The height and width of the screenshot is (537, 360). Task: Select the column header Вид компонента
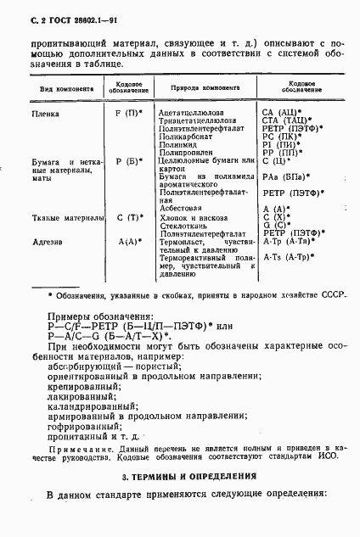point(57,89)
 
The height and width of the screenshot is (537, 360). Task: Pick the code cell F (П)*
point(127,112)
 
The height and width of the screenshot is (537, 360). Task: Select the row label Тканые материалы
point(65,216)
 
